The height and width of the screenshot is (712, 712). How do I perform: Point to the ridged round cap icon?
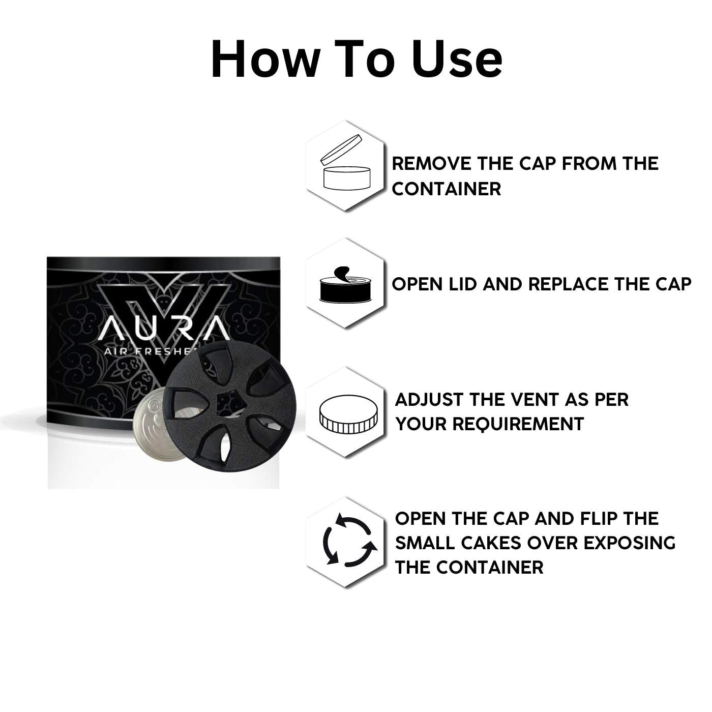coord(348,413)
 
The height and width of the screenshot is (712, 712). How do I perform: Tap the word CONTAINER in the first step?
coord(446,189)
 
